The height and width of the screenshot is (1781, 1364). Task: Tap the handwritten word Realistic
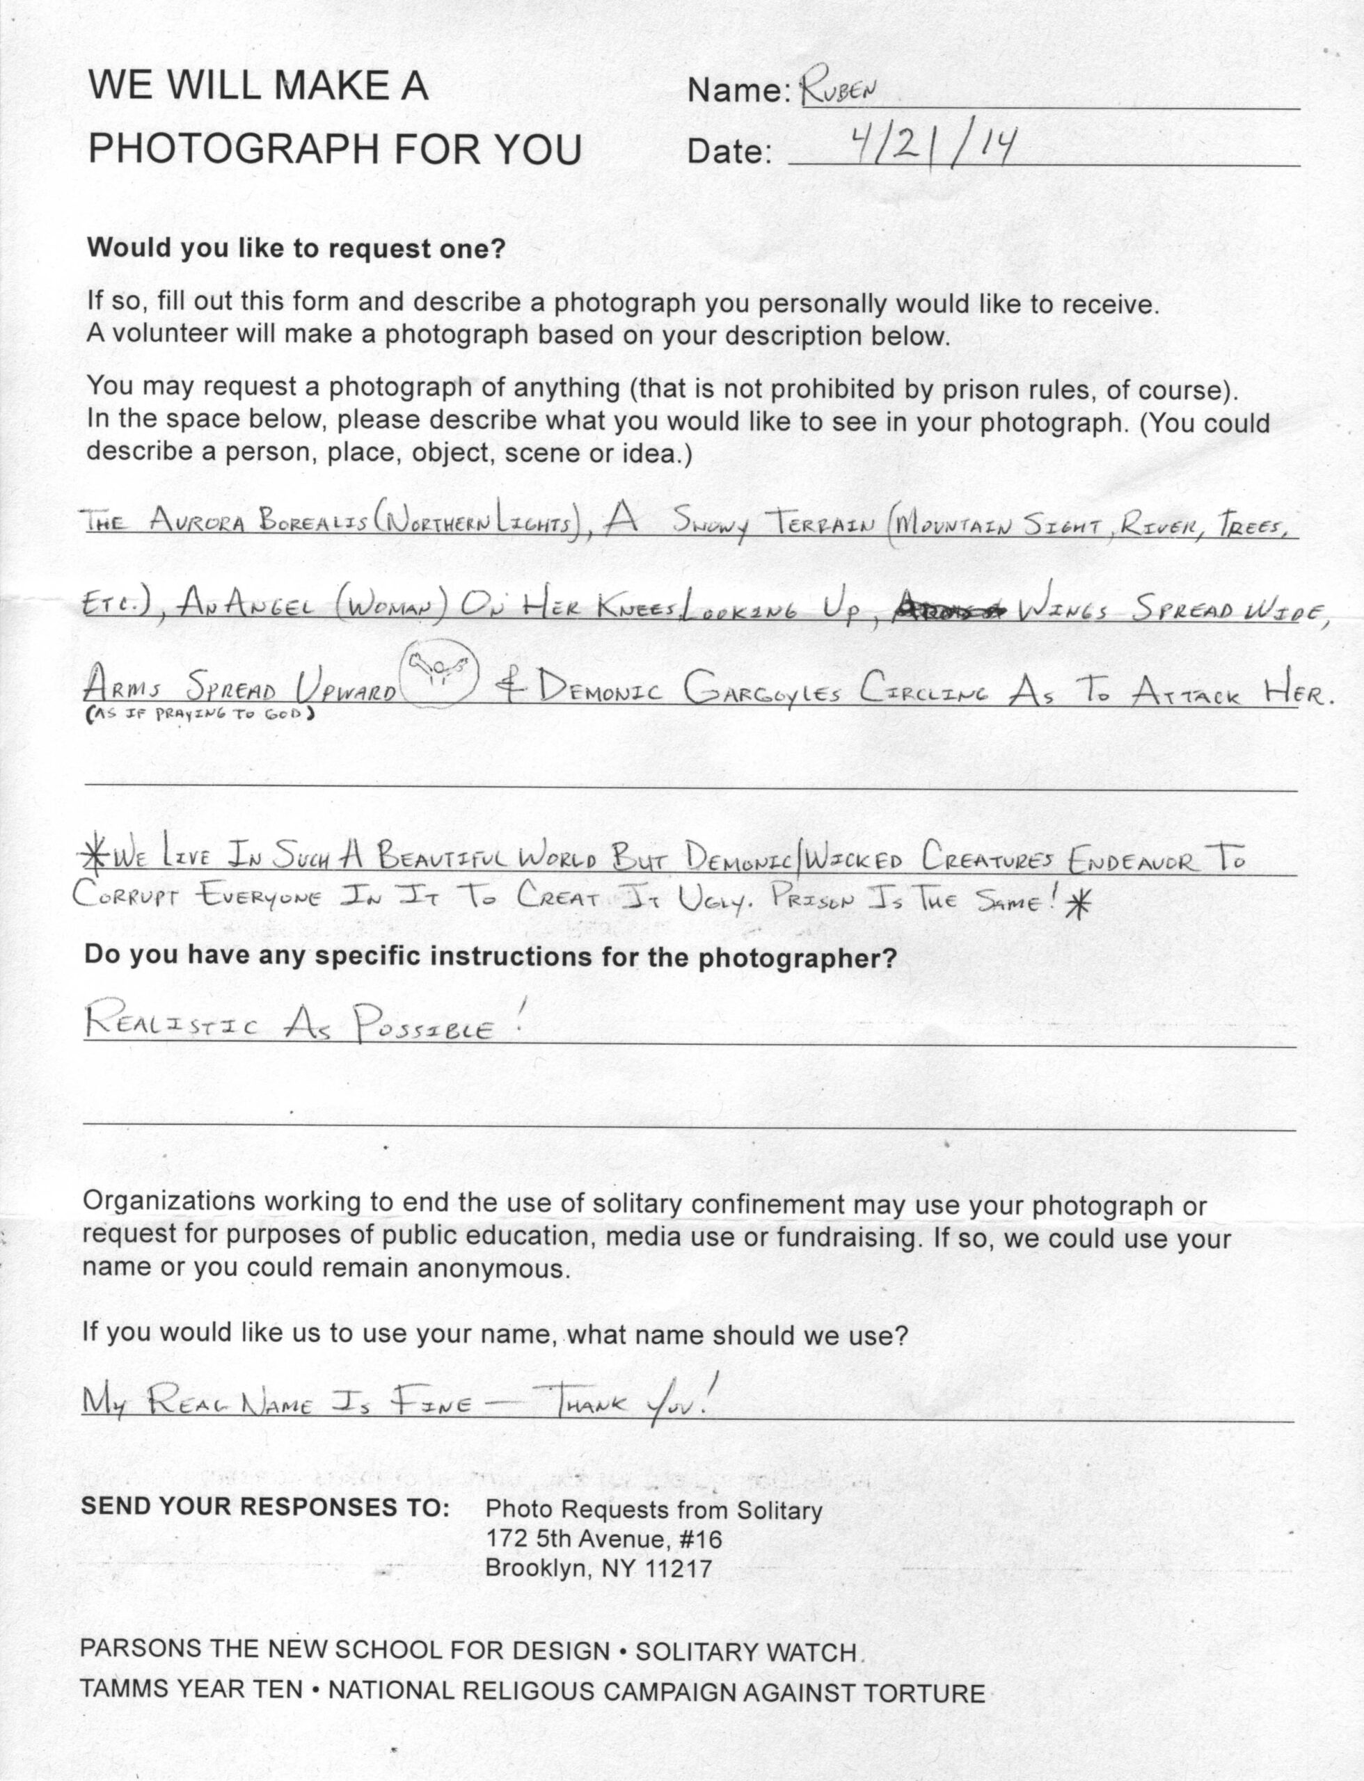172,1025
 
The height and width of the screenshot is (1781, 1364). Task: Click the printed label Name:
738,92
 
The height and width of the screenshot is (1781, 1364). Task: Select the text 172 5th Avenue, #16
603,1539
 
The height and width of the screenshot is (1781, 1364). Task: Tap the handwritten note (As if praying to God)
200,715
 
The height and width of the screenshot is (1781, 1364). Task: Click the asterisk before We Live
97,856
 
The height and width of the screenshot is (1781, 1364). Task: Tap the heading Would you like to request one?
296,248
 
